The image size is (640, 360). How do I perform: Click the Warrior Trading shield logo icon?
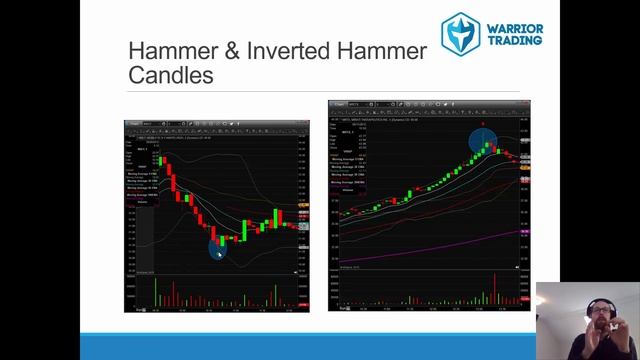click(461, 33)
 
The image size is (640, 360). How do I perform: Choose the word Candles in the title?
click(171, 75)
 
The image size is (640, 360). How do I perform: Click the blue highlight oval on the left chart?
click(218, 244)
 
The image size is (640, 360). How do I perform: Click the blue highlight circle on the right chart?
click(483, 139)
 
